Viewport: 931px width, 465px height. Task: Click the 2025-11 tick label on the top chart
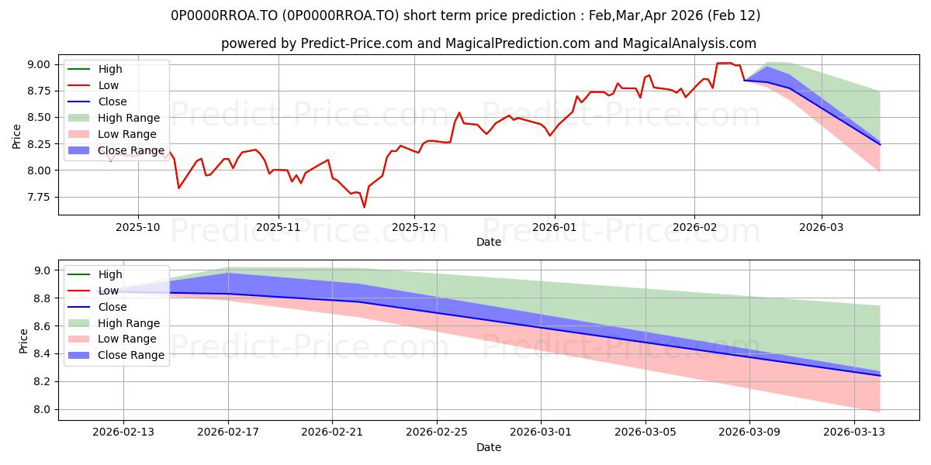(278, 228)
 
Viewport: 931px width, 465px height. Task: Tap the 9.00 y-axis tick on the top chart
(38, 64)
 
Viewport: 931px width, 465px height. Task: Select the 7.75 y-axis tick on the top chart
(38, 197)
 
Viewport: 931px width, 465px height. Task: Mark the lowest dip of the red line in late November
(364, 207)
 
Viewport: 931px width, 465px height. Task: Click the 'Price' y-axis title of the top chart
(16, 136)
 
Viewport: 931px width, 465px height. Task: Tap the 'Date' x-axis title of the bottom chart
(488, 447)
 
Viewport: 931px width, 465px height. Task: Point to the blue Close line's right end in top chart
(880, 145)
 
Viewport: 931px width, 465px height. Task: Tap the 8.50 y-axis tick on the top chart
(38, 117)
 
